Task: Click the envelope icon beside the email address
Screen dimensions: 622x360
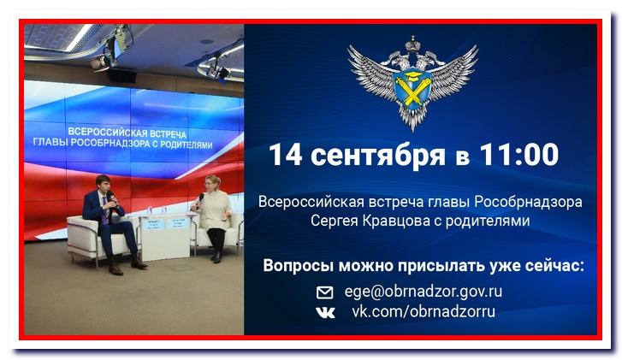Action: coord(324,292)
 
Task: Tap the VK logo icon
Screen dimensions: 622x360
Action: coord(326,313)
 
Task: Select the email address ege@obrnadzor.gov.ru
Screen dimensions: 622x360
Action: coord(424,292)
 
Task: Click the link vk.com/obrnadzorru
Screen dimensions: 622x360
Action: coord(424,311)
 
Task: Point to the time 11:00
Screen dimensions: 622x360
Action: coord(519,154)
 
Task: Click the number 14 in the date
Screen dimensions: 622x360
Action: coord(286,154)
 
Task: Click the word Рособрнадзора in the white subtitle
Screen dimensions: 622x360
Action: coord(529,202)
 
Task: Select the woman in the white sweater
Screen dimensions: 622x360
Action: coord(213,218)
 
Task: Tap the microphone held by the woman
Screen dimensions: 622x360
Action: coord(200,201)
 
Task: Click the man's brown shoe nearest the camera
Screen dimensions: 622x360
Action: coord(116,269)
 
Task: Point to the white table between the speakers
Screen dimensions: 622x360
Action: coord(166,238)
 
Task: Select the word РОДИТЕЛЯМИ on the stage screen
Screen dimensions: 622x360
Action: coord(186,145)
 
